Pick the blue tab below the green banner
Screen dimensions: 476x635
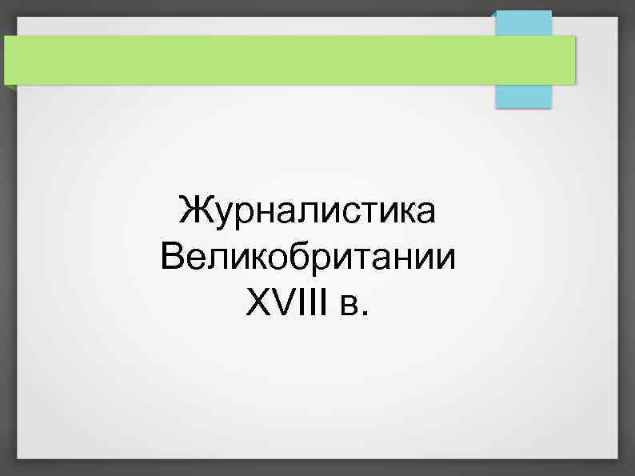(523, 95)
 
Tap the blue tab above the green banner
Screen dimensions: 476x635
(523, 22)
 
